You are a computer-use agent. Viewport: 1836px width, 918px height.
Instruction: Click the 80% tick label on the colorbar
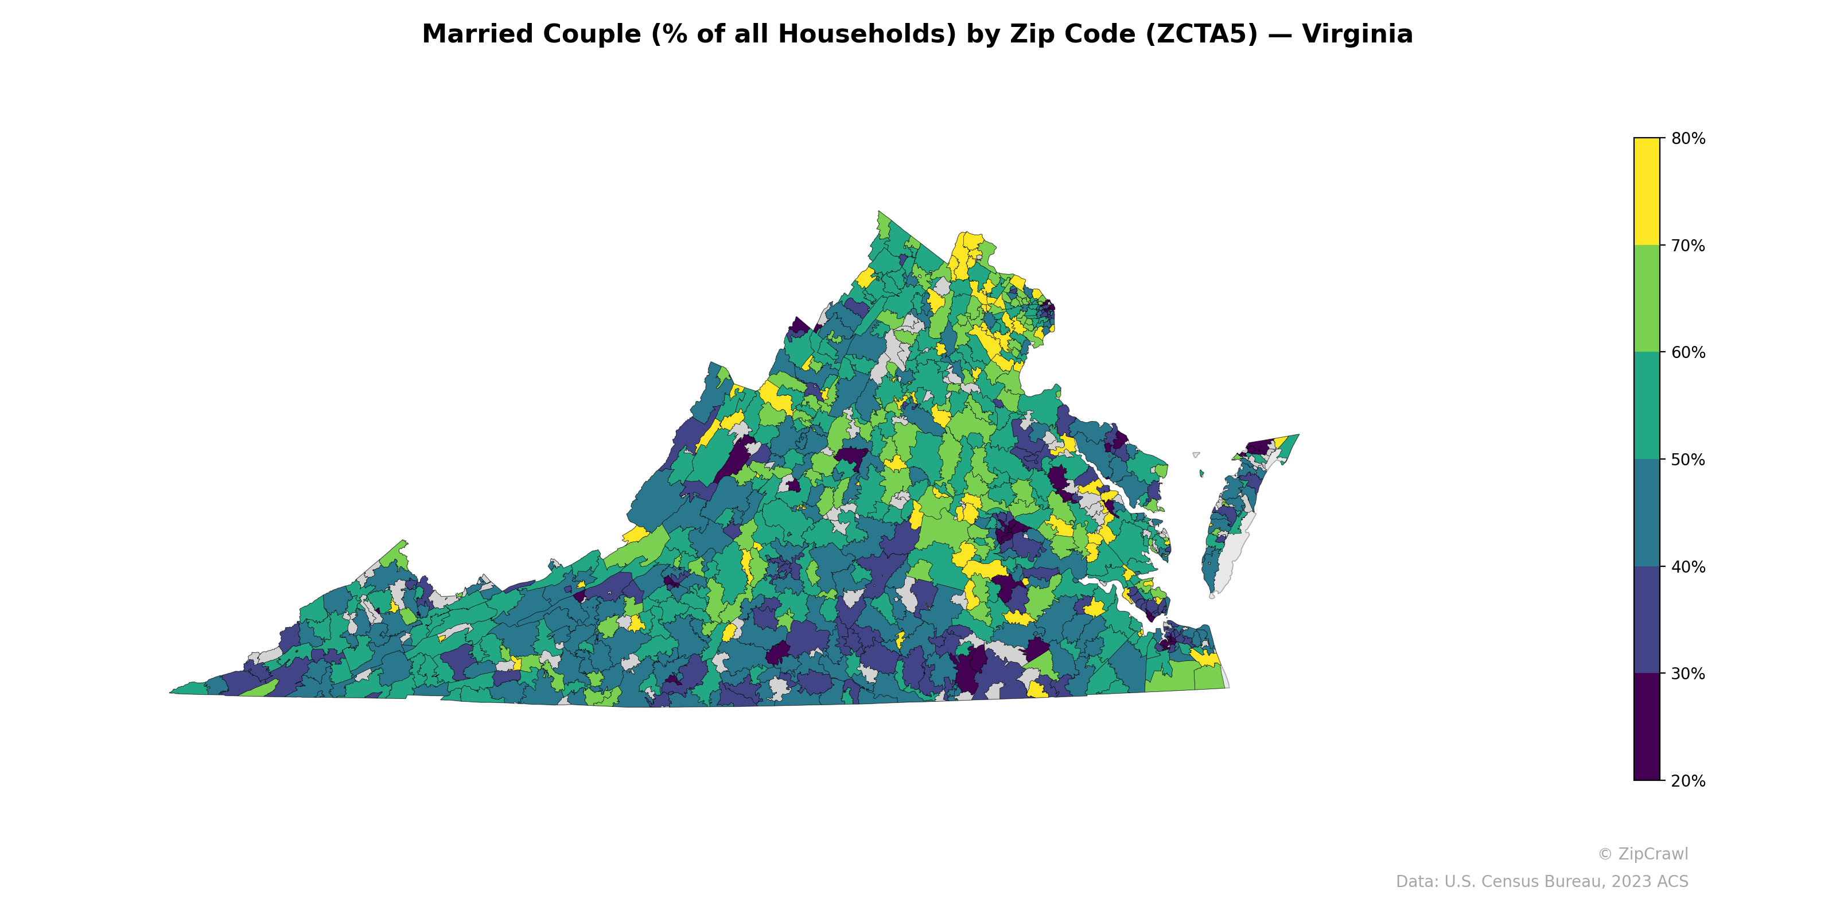click(x=1688, y=139)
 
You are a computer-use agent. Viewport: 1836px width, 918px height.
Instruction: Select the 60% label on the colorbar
click(x=1688, y=353)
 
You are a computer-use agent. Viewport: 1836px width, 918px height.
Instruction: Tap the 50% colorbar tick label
click(x=1688, y=460)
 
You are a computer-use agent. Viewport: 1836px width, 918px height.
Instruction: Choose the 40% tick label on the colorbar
click(x=1688, y=567)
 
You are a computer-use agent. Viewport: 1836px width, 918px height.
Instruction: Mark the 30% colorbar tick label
click(x=1688, y=674)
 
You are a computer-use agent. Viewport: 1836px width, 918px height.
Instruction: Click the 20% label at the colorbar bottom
click(x=1688, y=781)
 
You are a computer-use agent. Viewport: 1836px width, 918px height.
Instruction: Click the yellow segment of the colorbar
click(x=1647, y=191)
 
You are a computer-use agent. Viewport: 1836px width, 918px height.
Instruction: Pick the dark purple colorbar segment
click(x=1647, y=727)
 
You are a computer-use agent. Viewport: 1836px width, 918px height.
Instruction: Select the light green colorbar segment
click(x=1647, y=298)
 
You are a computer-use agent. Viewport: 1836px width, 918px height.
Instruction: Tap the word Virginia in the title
click(x=1357, y=34)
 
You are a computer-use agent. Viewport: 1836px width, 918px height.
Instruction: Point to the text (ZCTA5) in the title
click(x=1201, y=34)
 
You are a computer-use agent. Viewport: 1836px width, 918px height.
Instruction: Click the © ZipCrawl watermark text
click(x=1643, y=854)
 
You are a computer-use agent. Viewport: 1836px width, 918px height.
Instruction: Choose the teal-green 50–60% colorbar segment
click(x=1647, y=406)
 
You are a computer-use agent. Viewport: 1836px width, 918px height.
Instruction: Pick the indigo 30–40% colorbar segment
click(x=1647, y=620)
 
